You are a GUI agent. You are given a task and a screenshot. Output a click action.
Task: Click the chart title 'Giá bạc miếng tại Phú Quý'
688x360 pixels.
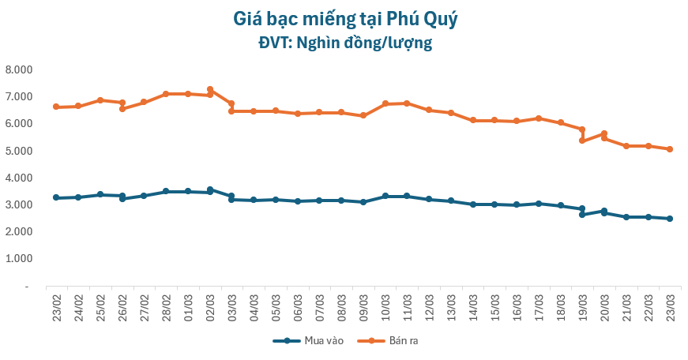[x=345, y=18]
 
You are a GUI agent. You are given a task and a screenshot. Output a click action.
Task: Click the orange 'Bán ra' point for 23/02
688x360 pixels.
[x=56, y=107]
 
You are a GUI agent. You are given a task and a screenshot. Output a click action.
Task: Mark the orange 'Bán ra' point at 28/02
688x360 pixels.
[x=166, y=94]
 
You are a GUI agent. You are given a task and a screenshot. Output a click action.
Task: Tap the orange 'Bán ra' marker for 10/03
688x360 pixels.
[x=385, y=103]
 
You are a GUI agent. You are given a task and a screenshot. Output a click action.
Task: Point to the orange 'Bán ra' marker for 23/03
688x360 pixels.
[x=670, y=149]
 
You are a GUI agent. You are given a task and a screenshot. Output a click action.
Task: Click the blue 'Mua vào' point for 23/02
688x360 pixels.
[x=56, y=197]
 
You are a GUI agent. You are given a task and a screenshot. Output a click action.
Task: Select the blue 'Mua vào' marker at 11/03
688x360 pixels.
[x=407, y=196]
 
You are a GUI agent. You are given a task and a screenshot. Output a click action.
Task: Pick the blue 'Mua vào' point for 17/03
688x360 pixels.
[x=538, y=204]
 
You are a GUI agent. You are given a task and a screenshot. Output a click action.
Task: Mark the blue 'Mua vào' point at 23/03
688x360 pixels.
[x=670, y=219]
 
